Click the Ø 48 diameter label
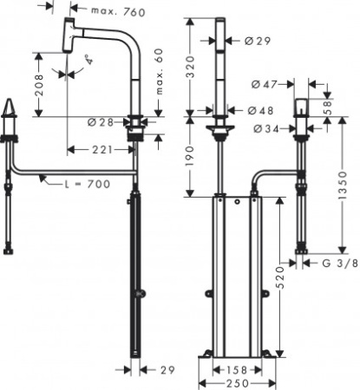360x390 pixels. pos(257,110)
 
